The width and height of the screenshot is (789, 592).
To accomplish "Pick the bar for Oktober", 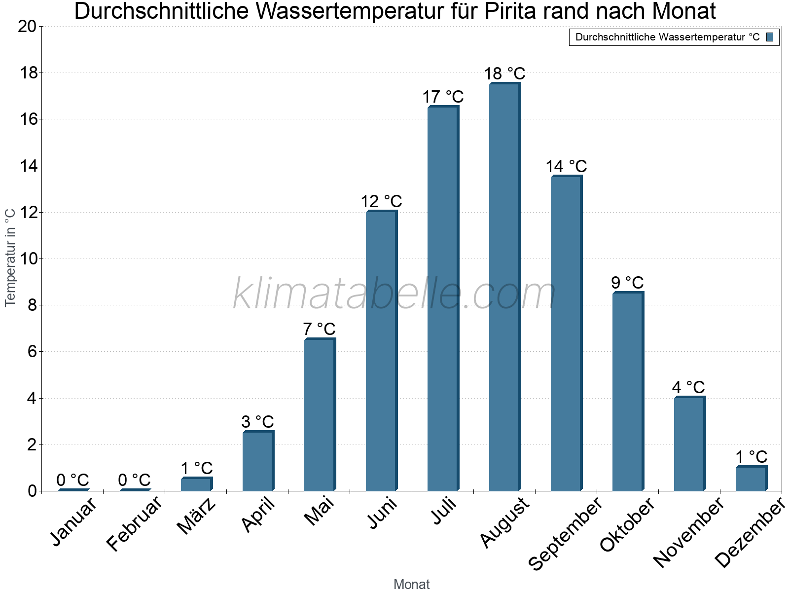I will [628, 392].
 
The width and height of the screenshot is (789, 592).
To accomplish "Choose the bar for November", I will [689, 444].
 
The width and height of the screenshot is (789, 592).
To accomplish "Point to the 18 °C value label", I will [504, 74].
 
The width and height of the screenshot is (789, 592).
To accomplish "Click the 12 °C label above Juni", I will [381, 202].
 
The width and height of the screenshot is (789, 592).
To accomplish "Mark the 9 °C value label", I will [627, 283].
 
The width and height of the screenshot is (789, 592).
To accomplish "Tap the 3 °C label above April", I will [257, 422].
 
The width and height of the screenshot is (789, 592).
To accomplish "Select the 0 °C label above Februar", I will [134, 480].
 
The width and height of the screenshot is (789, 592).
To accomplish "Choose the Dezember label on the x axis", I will [750, 533].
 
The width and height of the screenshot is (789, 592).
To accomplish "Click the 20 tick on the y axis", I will [27, 26].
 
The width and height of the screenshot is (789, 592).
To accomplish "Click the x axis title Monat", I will [412, 585].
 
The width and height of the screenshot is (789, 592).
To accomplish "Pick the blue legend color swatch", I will [770, 37].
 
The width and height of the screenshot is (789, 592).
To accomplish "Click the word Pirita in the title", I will [508, 11].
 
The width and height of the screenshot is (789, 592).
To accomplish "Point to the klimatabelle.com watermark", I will [394, 294].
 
